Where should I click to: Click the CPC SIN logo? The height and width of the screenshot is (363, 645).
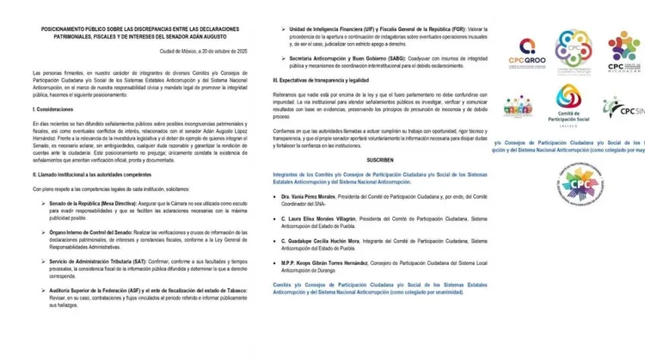coord(623,107)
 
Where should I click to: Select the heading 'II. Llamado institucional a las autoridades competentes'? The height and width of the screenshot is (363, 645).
coord(103,198)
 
